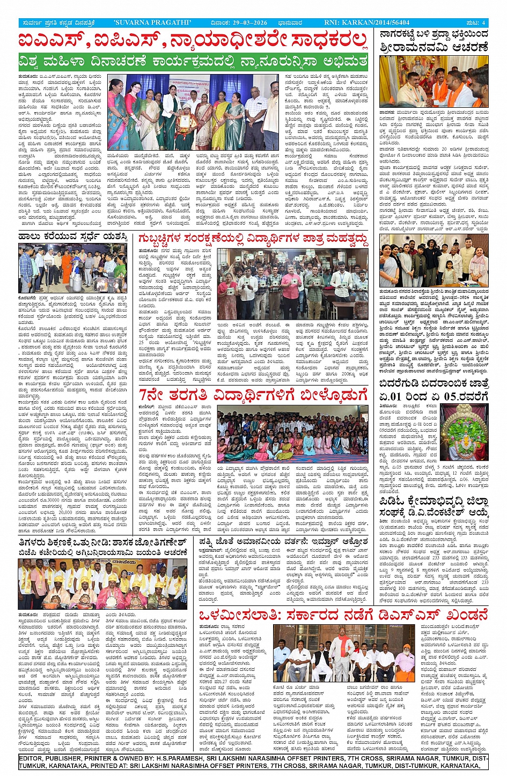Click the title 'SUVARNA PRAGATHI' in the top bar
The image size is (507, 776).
[x=153, y=23]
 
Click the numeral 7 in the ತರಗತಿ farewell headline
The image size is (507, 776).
[x=144, y=395]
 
